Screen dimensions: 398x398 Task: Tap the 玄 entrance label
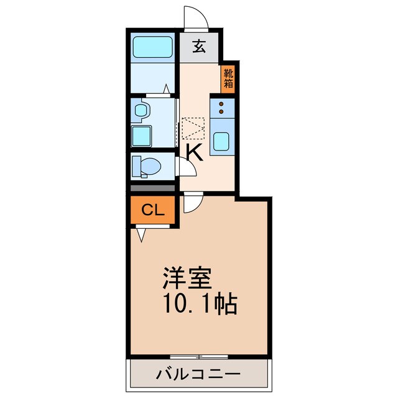point(198,47)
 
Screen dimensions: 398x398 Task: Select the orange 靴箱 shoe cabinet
point(228,79)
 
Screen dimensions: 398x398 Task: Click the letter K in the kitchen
point(195,152)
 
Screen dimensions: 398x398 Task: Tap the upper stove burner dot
point(221,103)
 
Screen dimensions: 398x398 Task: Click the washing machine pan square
point(142,134)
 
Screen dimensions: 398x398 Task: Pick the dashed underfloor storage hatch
point(193,128)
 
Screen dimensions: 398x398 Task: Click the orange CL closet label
point(153,210)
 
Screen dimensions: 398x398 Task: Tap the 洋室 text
point(187,278)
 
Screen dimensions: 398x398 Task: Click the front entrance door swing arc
point(195,17)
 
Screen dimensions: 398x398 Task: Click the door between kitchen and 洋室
point(193,201)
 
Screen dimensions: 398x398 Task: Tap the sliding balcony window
point(198,357)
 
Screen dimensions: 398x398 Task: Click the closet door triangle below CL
point(141,235)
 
